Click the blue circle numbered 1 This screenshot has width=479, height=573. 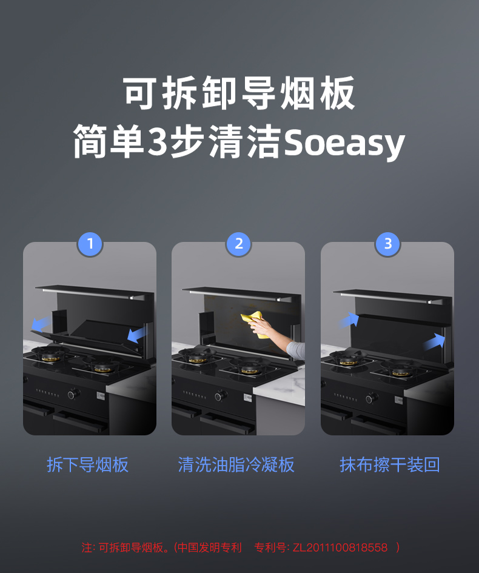point(90,244)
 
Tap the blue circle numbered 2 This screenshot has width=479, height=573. point(238,244)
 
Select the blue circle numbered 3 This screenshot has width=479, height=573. point(388,244)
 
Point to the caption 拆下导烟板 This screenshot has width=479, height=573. point(88,465)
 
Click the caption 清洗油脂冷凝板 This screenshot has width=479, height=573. point(236,465)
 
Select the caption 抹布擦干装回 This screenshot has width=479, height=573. point(389,465)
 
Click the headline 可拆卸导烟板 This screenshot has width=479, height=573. point(239,94)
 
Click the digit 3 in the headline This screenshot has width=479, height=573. point(157,143)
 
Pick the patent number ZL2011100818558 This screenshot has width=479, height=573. point(340,548)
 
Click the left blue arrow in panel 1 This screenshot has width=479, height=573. point(41,323)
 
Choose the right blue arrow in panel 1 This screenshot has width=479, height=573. point(136,333)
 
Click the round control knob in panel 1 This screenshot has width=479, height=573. point(72,394)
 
